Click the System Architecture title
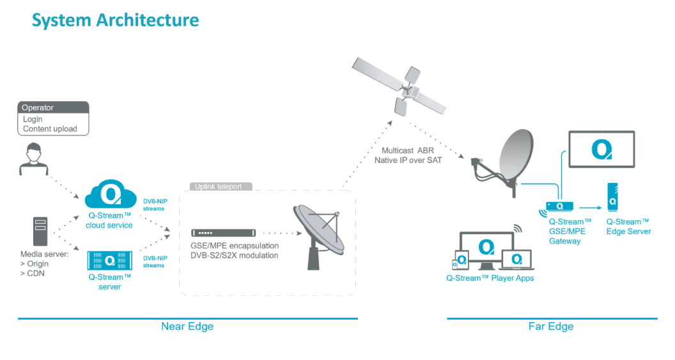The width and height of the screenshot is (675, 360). coord(115,20)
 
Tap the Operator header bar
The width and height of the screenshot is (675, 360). coord(53,107)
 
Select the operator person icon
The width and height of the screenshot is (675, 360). coord(31,160)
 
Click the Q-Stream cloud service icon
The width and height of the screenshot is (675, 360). coord(109,194)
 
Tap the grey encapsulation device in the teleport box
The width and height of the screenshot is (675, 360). coord(223,233)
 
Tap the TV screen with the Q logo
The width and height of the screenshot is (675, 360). coord(601,150)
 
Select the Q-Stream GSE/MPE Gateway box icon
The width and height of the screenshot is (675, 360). coord(559,207)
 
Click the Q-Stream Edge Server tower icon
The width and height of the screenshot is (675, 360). coord(612,198)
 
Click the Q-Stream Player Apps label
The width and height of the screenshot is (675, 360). coord(490,278)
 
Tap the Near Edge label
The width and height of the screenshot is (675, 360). coord(187,326)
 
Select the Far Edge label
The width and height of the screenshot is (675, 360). coord(551,326)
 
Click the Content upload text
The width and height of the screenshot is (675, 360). coord(50,129)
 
